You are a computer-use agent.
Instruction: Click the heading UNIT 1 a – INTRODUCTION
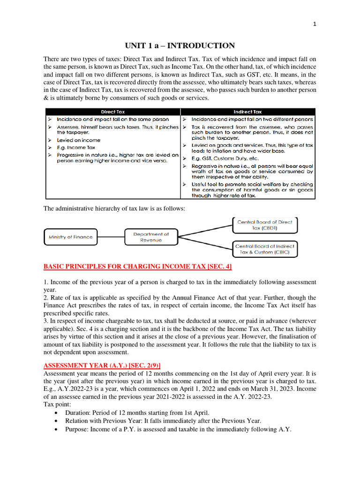(x=180, y=46)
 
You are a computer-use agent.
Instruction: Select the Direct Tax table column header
(x=113, y=112)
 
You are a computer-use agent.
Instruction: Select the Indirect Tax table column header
(x=247, y=112)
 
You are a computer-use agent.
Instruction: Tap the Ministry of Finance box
(x=71, y=237)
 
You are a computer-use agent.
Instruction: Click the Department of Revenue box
(x=151, y=237)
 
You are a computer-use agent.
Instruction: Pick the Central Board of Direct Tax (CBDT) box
(x=265, y=225)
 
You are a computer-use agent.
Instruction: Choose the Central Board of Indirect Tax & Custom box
(x=265, y=249)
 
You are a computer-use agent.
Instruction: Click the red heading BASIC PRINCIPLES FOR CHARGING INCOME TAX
(x=137, y=267)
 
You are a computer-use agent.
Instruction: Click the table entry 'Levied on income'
(x=78, y=140)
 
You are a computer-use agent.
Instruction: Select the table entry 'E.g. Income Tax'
(x=76, y=147)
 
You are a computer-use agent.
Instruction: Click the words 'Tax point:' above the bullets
(x=57, y=404)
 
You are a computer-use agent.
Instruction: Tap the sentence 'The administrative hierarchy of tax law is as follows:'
(x=114, y=209)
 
